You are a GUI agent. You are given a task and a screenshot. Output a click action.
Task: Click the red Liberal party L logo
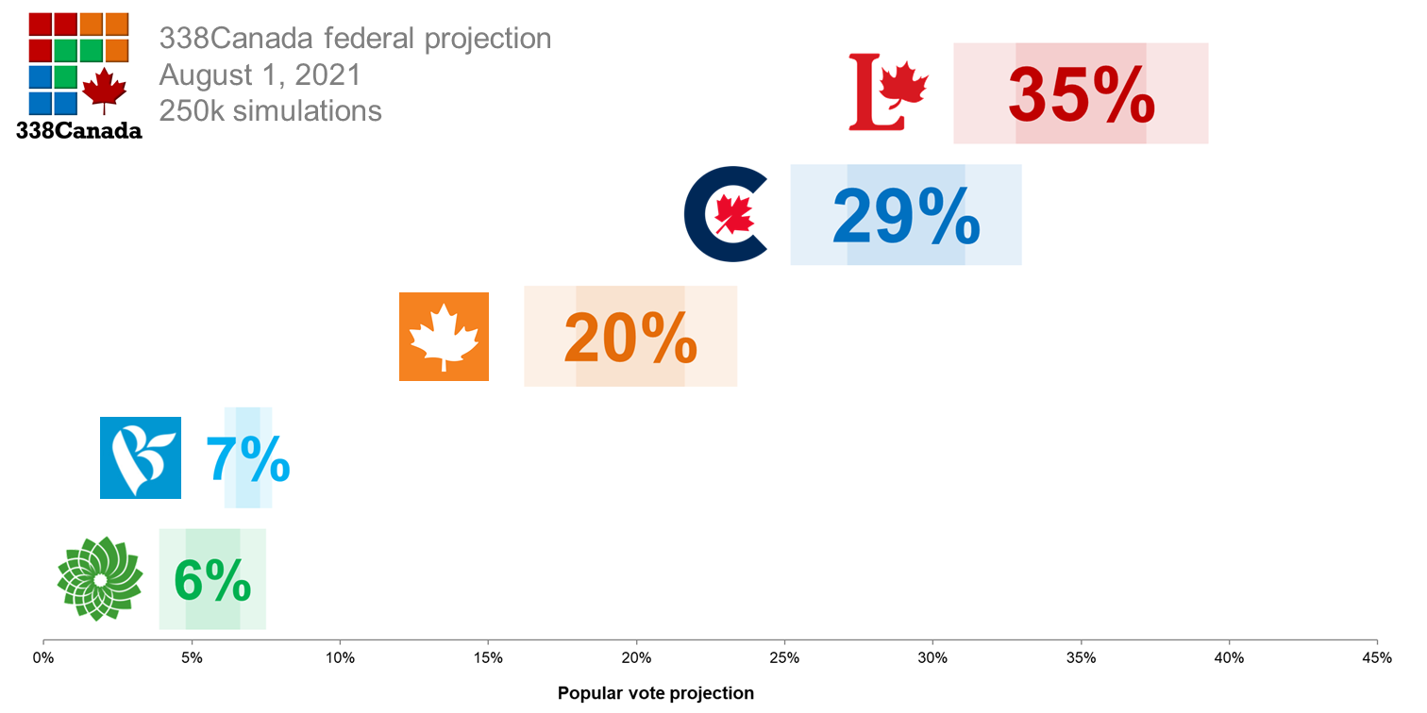pos(887,92)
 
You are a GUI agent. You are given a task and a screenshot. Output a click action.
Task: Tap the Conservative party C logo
pos(726,214)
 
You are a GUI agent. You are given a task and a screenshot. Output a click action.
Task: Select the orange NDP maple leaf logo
pos(444,337)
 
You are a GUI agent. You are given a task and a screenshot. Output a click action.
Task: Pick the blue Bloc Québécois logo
pos(141,457)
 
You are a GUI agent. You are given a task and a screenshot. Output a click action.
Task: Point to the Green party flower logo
pos(99,578)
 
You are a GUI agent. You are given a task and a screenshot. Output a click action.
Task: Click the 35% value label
pos(1081,94)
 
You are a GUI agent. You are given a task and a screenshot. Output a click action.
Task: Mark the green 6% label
pos(212,580)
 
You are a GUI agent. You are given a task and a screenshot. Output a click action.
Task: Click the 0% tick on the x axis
pos(43,657)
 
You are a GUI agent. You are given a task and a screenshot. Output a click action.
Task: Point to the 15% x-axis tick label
pos(488,657)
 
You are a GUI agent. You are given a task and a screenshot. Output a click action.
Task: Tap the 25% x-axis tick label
pos(784,657)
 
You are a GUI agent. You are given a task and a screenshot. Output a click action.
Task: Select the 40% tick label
pos(1229,657)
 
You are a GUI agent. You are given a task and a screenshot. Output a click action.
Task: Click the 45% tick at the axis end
pos(1377,657)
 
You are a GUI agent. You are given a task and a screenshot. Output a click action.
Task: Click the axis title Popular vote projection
pos(656,693)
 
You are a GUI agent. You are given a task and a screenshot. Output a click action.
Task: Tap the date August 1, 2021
pos(260,75)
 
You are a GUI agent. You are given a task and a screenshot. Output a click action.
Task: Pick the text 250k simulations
pos(271,110)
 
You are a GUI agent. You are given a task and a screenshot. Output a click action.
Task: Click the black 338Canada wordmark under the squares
pos(79,130)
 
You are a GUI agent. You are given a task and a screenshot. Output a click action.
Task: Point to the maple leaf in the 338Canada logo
pos(104,91)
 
